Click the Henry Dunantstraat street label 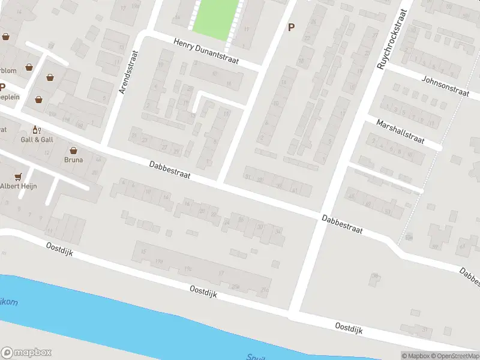206,52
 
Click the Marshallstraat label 400,131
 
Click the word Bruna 74,160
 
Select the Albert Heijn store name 18,186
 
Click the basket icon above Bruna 74,151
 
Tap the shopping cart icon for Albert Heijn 18,176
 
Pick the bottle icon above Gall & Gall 35,130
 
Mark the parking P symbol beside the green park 292,27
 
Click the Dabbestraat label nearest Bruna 170,169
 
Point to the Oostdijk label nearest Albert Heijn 59,248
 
